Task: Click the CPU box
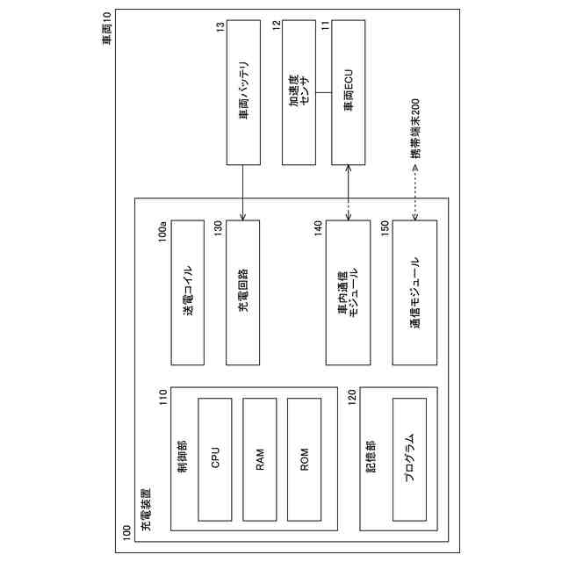pyautogui.click(x=215, y=458)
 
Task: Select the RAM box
pyautogui.click(x=260, y=458)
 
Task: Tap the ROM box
pyautogui.click(x=304, y=458)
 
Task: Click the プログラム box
pyautogui.click(x=409, y=458)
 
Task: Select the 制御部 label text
pyautogui.click(x=182, y=457)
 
